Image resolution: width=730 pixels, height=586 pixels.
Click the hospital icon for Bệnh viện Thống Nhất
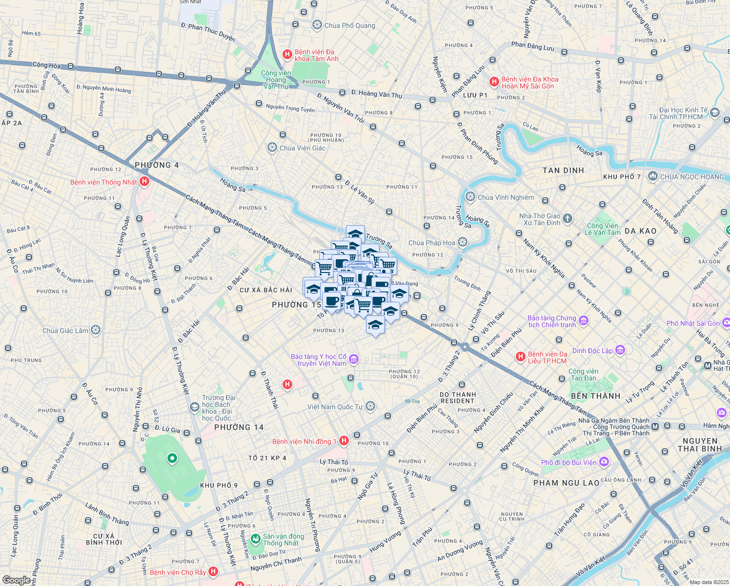(x=144, y=182)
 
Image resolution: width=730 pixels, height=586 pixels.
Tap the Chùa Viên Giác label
(x=303, y=148)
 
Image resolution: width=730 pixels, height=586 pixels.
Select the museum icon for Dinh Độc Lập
(x=620, y=350)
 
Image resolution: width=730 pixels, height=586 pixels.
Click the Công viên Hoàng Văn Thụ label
(x=276, y=80)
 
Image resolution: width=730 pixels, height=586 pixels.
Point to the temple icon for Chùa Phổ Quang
(x=317, y=25)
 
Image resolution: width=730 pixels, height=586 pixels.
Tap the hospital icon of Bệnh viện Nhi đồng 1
(x=344, y=440)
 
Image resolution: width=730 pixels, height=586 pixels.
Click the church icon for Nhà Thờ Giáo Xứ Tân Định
(x=567, y=218)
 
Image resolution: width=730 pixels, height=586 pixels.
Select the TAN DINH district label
(x=563, y=170)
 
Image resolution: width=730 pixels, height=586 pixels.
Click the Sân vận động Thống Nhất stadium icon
(x=255, y=539)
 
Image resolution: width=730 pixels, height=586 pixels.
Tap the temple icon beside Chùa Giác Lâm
(x=96, y=330)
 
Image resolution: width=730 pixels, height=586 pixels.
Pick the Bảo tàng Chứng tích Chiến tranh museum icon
(x=584, y=321)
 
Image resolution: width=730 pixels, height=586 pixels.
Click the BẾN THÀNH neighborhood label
(x=595, y=396)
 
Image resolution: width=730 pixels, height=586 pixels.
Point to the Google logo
(x=16, y=580)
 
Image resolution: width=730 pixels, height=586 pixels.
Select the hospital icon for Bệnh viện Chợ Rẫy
(x=213, y=571)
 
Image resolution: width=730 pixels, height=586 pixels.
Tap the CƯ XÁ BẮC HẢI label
(x=265, y=290)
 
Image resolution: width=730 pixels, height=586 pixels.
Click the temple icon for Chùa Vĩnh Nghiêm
(x=470, y=197)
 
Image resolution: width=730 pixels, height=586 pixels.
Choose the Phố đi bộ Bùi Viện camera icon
(x=604, y=461)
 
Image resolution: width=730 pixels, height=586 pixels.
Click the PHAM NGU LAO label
(x=566, y=483)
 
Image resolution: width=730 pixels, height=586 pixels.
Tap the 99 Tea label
(x=412, y=401)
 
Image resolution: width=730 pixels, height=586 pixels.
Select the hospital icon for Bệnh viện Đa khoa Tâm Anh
(x=287, y=55)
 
